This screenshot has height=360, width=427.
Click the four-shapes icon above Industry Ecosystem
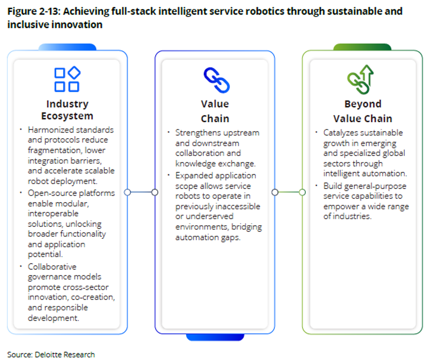[x=67, y=79]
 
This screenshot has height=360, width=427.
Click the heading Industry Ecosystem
[x=67, y=110]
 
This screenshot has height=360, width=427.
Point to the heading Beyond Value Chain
[x=363, y=111]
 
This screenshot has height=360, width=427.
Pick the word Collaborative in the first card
[x=52, y=267]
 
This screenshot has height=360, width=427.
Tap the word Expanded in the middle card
[x=193, y=175]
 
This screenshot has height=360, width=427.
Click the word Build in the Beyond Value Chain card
[x=333, y=186]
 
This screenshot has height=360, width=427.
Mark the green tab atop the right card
[x=355, y=47]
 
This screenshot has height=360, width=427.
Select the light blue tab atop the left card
[x=67, y=47]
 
